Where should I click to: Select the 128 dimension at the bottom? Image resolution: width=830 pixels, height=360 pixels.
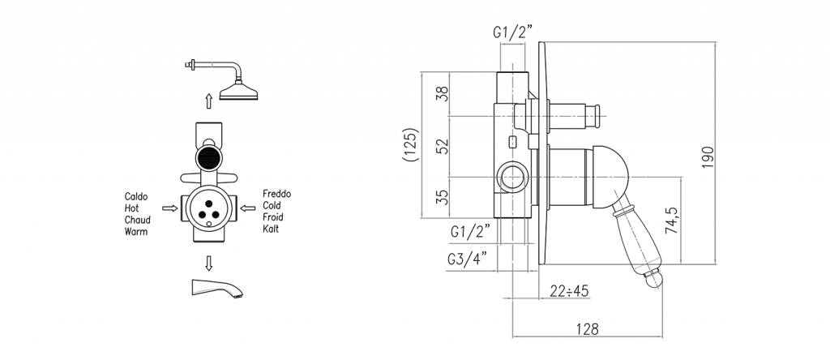588,329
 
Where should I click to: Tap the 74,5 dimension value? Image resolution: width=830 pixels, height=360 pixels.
672,220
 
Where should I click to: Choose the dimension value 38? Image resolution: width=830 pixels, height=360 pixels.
442,94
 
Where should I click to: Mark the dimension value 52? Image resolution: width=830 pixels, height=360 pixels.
442,148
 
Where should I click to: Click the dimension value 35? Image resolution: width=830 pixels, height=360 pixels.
442,198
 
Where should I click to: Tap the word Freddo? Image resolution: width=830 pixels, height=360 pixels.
277,195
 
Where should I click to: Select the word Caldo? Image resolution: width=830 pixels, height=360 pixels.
135,196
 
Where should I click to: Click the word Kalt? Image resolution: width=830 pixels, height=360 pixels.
272,230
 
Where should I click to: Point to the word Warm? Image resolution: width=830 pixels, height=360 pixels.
136,231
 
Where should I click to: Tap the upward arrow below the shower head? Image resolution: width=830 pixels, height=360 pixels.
209,101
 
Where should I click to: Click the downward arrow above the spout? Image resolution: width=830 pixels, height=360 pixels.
209,263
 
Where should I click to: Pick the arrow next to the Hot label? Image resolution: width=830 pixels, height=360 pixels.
169,208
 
